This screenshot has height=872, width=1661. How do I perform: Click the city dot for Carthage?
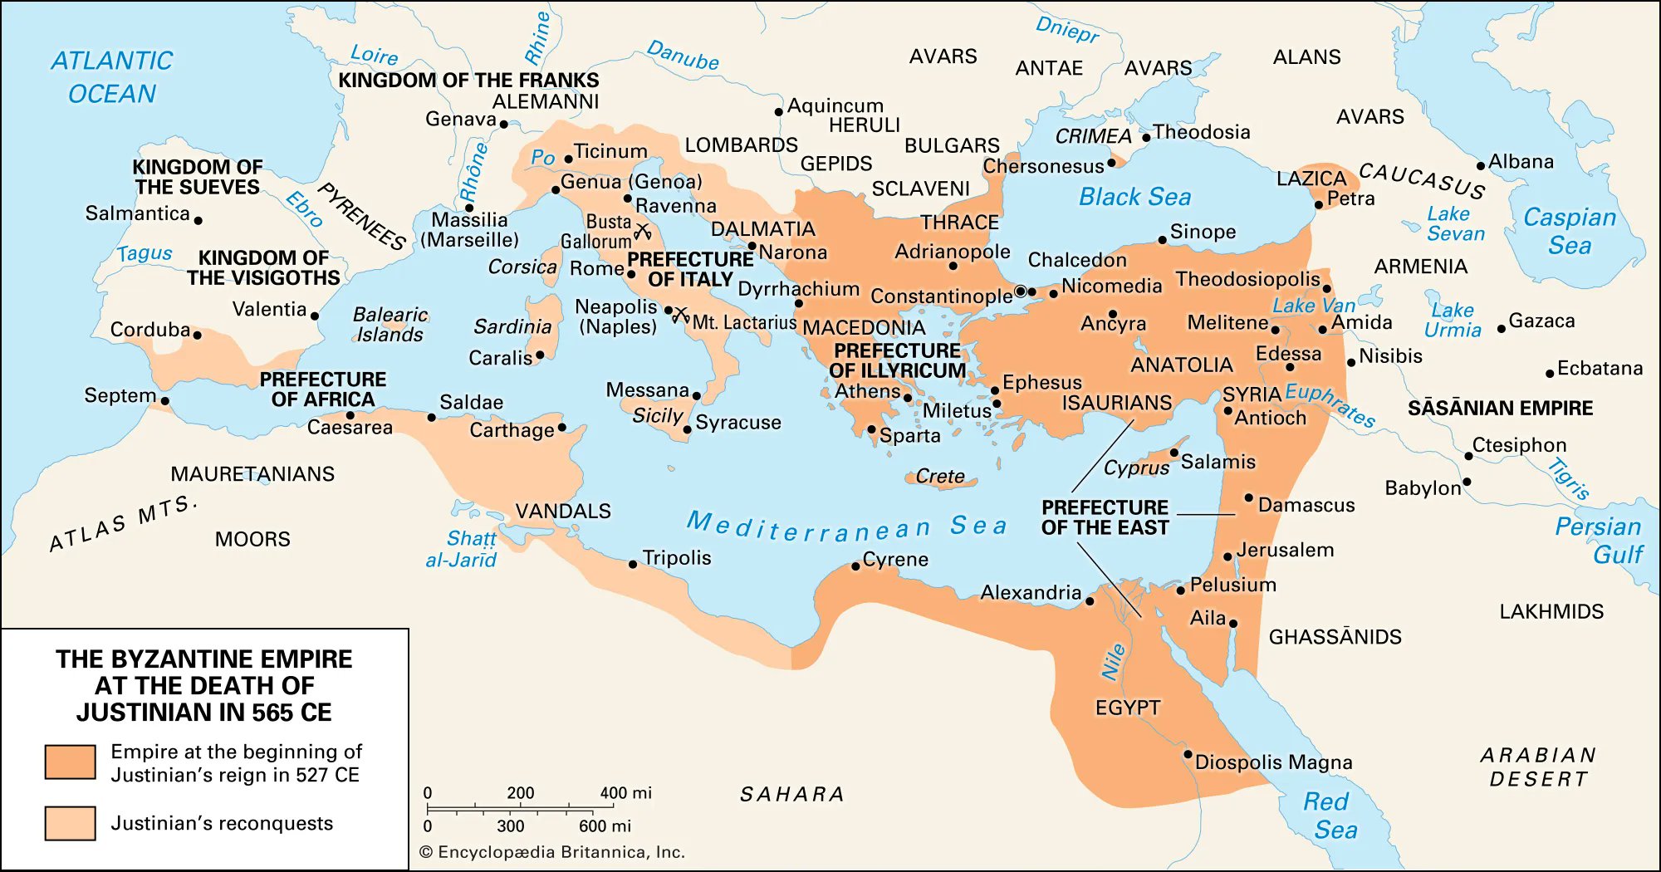pyautogui.click(x=562, y=428)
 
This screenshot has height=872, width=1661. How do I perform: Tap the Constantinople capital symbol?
pyautogui.click(x=1021, y=291)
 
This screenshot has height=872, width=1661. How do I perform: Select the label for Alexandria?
pyautogui.click(x=1031, y=592)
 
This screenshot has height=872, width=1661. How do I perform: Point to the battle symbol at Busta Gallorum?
pyautogui.click(x=642, y=230)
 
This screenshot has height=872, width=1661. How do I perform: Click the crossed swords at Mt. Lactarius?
pyautogui.click(x=681, y=315)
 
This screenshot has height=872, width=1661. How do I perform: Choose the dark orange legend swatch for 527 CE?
pyautogui.click(x=70, y=762)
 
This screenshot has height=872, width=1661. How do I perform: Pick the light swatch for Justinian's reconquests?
pyautogui.click(x=70, y=823)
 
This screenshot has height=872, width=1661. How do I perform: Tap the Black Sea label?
pyautogui.click(x=1134, y=197)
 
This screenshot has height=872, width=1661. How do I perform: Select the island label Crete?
pyautogui.click(x=940, y=476)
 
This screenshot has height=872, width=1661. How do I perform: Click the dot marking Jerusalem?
pyautogui.click(x=1227, y=556)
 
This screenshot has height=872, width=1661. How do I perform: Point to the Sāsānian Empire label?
pyautogui.click(x=1500, y=408)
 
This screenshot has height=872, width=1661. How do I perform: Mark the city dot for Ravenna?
pyautogui.click(x=628, y=198)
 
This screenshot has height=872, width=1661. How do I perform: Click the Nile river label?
pyautogui.click(x=1113, y=662)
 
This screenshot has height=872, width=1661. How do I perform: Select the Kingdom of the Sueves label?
pyautogui.click(x=198, y=177)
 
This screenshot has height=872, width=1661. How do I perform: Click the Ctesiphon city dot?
pyautogui.click(x=1468, y=456)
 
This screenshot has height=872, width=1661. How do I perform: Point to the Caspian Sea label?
pyautogui.click(x=1570, y=231)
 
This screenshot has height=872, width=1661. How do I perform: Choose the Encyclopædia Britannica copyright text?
pyautogui.click(x=552, y=852)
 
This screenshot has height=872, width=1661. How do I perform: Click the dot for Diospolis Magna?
pyautogui.click(x=1188, y=755)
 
